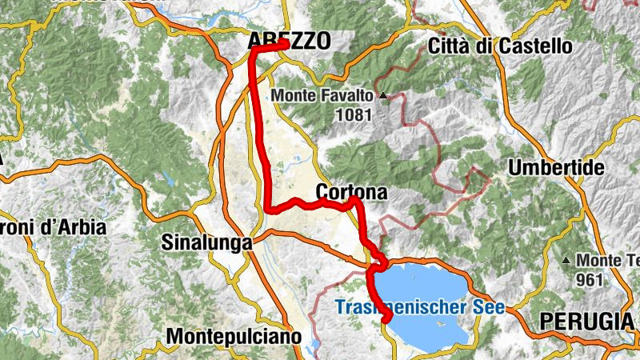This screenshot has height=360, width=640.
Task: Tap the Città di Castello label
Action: pyautogui.click(x=500, y=46)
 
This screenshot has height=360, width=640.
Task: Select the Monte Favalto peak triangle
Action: pyautogui.click(x=382, y=95)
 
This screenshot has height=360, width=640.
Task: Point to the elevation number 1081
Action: pyautogui.click(x=354, y=114)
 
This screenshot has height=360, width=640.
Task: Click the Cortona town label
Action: pyautogui.click(x=351, y=192)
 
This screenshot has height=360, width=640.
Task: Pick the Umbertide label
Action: pyautogui.click(x=548, y=169)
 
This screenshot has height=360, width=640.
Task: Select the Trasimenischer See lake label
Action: pyautogui.click(x=420, y=307)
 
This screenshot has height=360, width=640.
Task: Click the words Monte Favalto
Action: pyautogui.click(x=323, y=95)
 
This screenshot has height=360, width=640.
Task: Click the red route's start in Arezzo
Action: pyautogui.click(x=285, y=46)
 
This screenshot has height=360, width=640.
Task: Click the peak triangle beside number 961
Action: pyautogui.click(x=567, y=261)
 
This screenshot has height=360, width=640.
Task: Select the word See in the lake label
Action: pyautogui.click(x=488, y=307)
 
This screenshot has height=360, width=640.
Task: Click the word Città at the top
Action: pyautogui.click(x=451, y=46)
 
